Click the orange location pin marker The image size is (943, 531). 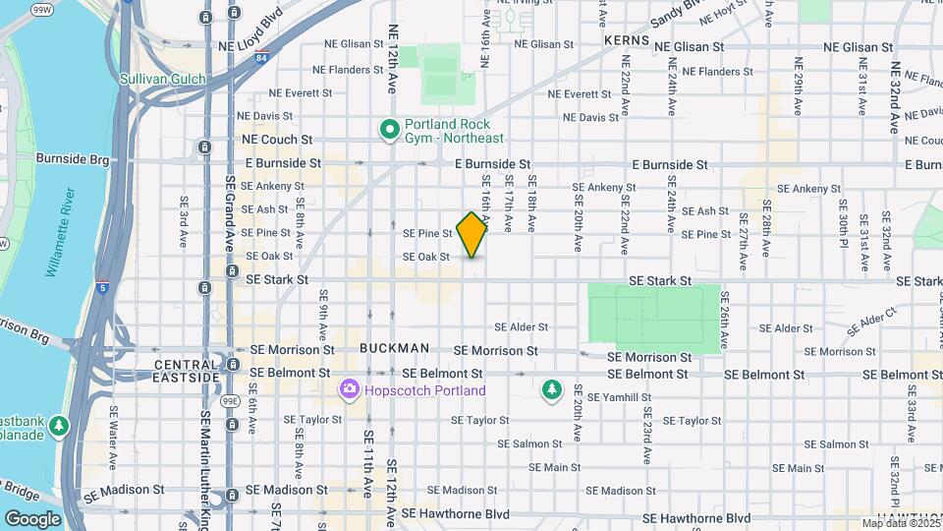tap(472, 233)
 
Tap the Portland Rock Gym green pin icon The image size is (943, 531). tap(388, 129)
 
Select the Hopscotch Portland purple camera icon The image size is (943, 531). tap(349, 390)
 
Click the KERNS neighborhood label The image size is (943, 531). tap(622, 37)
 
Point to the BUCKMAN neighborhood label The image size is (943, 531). tap(394, 348)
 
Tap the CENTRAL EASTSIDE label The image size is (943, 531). tap(187, 371)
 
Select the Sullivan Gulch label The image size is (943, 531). tap(162, 79)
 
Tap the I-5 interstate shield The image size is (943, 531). tap(102, 287)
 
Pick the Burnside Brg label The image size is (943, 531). tap(70, 157)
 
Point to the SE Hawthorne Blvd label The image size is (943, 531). tap(690, 518)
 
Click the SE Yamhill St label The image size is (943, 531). tap(621, 397)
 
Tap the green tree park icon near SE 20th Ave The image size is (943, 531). tap(552, 390)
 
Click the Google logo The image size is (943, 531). tap(32, 518)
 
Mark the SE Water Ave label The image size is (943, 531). tap(114, 437)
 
